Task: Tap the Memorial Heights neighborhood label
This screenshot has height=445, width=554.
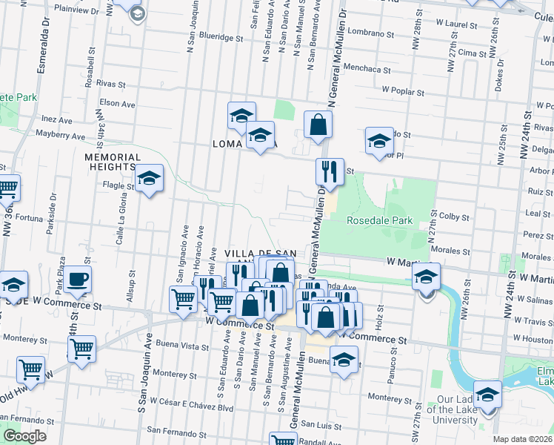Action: coord(113,162)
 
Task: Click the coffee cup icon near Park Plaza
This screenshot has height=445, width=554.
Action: coord(78,280)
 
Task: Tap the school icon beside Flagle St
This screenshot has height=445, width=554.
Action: coord(149,179)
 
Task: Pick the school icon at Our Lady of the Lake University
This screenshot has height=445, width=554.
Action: coord(487,395)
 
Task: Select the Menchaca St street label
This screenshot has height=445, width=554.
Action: coord(366,69)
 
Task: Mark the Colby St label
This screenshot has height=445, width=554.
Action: coord(455,217)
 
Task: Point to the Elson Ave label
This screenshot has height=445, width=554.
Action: coord(117,105)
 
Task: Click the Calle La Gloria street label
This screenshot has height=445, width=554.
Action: coord(118,224)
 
